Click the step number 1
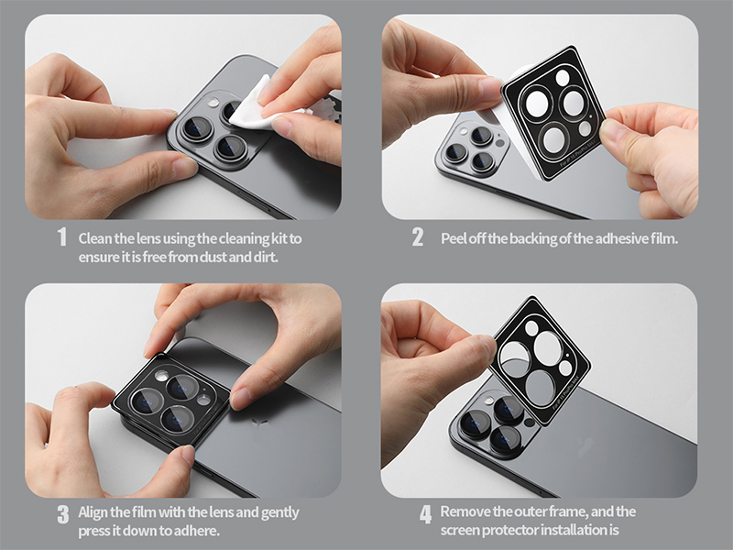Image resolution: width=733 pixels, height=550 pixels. (61, 237)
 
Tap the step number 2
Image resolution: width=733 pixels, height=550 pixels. (418, 237)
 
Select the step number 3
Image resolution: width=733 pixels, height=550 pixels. (63, 514)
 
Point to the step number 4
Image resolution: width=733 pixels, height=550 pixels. (425, 514)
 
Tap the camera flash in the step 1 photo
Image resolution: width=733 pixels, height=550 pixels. (213, 102)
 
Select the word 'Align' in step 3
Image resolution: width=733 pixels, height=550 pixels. (93, 512)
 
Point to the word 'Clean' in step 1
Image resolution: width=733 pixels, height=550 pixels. (95, 238)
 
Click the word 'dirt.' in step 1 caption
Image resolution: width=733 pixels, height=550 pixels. (266, 258)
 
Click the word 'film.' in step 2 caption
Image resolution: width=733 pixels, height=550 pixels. (663, 238)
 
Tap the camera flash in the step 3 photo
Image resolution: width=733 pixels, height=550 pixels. (162, 374)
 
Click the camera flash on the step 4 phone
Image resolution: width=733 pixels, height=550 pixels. (488, 400)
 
